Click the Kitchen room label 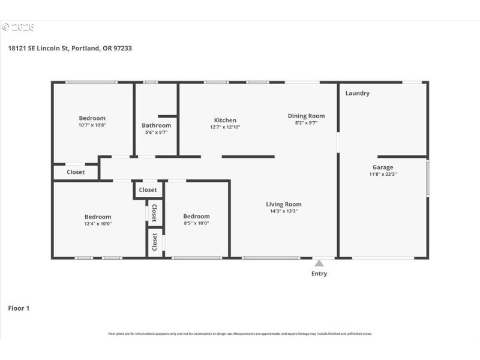click(225, 120)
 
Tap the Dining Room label click(306, 116)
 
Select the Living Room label click(284, 204)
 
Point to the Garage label click(383, 167)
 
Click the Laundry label click(358, 93)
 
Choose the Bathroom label click(156, 125)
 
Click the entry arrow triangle click(319, 263)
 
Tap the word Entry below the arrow click(319, 274)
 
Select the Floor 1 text click(19, 308)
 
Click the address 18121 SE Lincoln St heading click(70, 48)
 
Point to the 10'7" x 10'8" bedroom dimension click(92, 125)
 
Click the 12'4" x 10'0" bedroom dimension click(97, 224)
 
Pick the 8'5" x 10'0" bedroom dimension click(196, 223)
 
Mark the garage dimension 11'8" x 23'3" click(383, 175)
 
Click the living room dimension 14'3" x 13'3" click(284, 211)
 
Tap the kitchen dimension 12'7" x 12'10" click(225, 127)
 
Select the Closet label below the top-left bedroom click(76, 172)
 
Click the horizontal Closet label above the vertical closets click(148, 190)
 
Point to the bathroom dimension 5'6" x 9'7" click(156, 133)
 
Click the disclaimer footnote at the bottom click(239, 334)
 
